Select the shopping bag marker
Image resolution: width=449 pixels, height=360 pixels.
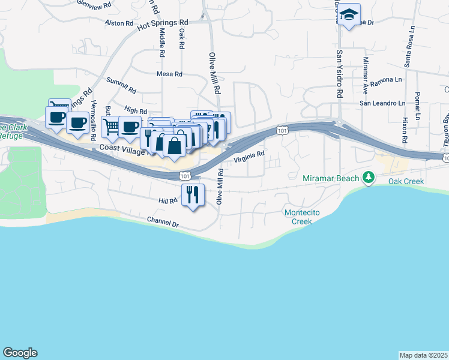174,146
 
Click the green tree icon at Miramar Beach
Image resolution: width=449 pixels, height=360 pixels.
370,178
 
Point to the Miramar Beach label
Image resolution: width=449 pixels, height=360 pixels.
331,178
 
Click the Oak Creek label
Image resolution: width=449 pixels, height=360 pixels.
406,181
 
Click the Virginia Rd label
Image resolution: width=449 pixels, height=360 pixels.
249,157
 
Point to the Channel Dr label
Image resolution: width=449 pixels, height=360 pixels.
163,223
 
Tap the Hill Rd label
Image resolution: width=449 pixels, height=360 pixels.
168,200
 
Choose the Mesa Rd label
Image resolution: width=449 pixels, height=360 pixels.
169,74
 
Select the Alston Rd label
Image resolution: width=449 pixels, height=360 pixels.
118,23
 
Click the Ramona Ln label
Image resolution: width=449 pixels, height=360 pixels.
385,80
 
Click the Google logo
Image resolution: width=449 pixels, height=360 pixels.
20,353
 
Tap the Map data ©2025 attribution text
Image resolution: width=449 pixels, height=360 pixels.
424,355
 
